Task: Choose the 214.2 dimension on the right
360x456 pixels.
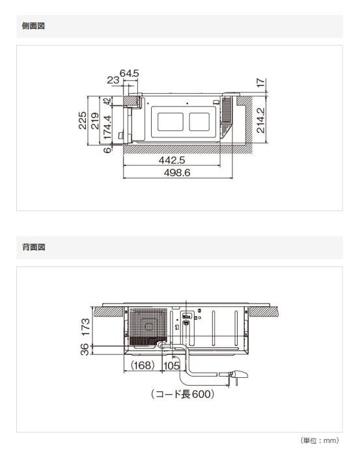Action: (x=260, y=121)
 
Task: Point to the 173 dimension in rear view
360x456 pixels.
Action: (x=85, y=322)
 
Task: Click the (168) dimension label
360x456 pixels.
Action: (x=142, y=366)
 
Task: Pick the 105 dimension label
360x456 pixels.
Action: (x=171, y=366)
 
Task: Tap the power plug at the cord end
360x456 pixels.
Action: (x=240, y=375)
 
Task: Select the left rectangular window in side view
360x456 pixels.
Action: (x=169, y=122)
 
